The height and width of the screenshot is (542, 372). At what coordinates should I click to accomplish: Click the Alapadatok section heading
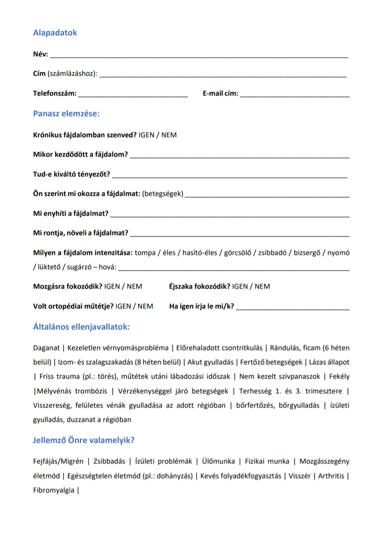(x=55, y=33)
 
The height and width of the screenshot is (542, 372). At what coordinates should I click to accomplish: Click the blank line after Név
(x=199, y=56)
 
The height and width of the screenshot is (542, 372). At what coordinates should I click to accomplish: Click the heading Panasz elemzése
(x=66, y=114)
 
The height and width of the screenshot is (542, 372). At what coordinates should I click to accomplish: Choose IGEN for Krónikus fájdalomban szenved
(x=146, y=135)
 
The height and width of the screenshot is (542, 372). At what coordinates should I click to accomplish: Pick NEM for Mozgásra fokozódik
(x=134, y=287)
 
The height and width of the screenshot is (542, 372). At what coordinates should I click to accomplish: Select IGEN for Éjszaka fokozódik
(x=240, y=287)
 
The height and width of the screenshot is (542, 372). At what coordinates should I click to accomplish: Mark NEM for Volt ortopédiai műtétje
(x=145, y=306)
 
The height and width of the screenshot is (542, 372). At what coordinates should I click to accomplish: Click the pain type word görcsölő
(x=237, y=253)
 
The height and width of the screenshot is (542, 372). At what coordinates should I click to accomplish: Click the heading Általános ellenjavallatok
(x=81, y=327)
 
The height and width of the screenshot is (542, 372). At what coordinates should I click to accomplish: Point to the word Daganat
(x=46, y=348)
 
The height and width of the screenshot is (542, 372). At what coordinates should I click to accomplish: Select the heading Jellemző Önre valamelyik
(x=84, y=440)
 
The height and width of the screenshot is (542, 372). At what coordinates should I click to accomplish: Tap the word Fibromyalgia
(x=54, y=490)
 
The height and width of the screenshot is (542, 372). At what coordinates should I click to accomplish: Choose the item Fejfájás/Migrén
(x=58, y=462)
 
